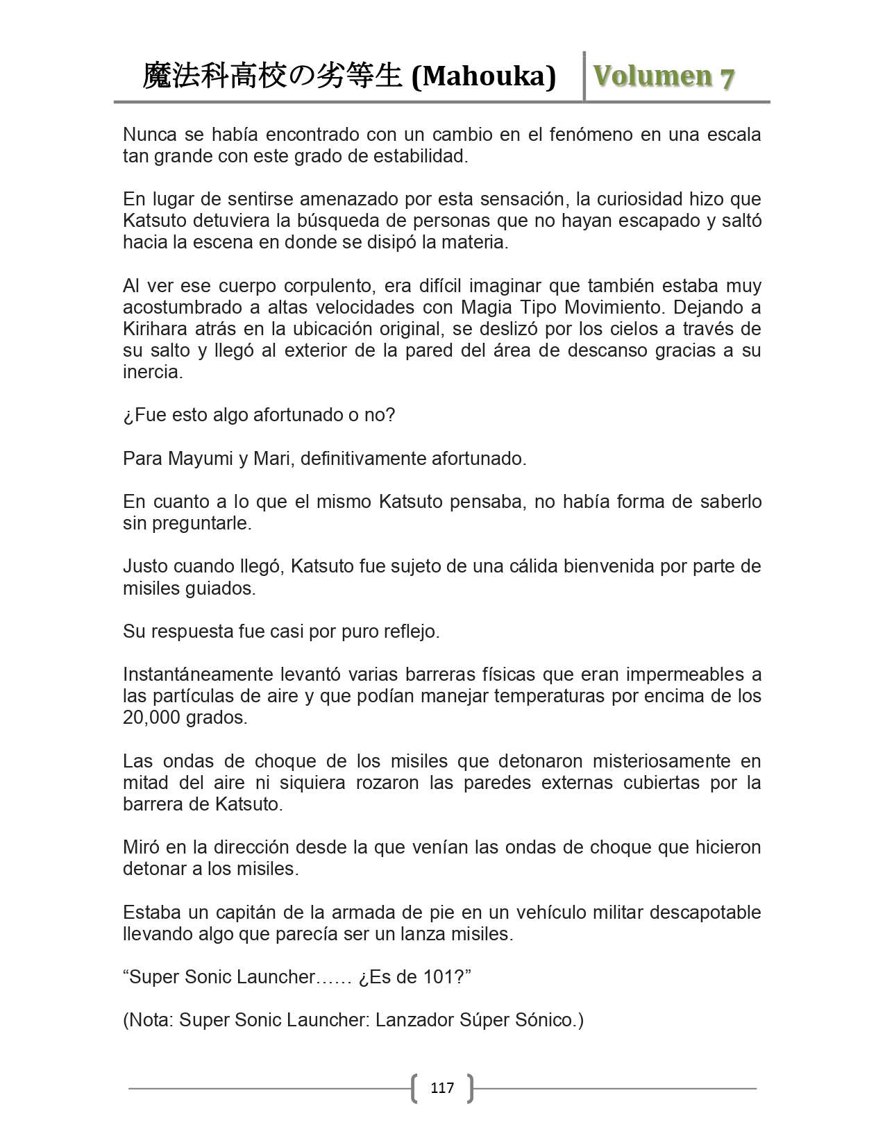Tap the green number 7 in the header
click(x=727, y=78)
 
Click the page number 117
click(x=442, y=1087)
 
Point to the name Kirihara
click(x=155, y=328)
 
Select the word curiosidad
click(x=621, y=199)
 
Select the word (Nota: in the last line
click(x=148, y=1020)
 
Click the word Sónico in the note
click(x=545, y=1020)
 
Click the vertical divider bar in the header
click(x=584, y=76)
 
